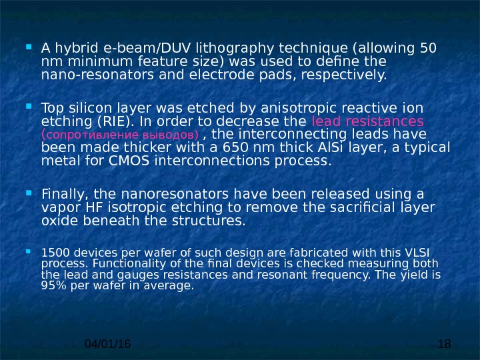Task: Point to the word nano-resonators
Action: [86, 75]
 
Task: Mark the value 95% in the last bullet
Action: [51, 285]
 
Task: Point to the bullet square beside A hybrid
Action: [31, 48]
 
